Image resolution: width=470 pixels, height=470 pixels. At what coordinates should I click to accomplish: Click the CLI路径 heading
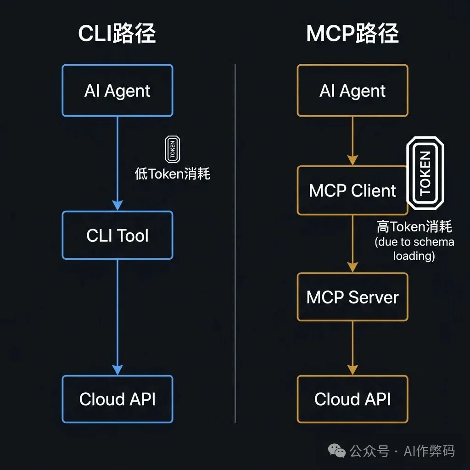pos(117,34)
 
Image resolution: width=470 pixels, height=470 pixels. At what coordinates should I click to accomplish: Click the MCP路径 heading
pos(352,34)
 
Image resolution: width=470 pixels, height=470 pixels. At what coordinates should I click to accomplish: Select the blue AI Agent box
pos(117,90)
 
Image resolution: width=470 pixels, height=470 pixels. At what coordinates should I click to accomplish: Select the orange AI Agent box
pos(352,90)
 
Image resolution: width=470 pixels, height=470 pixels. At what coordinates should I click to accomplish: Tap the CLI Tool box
pos(117,235)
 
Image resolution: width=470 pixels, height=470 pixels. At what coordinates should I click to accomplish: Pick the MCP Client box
pos(352,190)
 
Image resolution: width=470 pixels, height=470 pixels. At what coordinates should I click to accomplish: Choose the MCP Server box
pos(352,297)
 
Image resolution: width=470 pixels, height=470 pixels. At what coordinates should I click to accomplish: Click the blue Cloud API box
pos(117,399)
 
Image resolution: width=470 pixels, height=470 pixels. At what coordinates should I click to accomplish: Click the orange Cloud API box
pos(352,399)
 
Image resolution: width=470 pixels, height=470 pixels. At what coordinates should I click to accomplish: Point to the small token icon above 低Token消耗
pos(172,149)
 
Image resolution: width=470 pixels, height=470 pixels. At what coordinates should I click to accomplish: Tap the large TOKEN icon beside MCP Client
pos(425,173)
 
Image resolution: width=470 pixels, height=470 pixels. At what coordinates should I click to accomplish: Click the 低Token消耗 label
pos(172,173)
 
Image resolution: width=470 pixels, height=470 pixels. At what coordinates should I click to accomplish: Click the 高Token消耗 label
pos(414,227)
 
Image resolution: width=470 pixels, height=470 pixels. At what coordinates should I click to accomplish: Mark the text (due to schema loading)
pos(414,248)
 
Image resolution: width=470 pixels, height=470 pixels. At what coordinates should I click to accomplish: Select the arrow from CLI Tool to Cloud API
pos(117,317)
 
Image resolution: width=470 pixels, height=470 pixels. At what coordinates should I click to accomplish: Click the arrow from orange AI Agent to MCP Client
pos(352,140)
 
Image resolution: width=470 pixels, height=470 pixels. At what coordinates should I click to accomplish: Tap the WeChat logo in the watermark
pos(340,451)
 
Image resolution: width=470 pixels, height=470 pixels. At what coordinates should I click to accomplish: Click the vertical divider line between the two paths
pos(235,243)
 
